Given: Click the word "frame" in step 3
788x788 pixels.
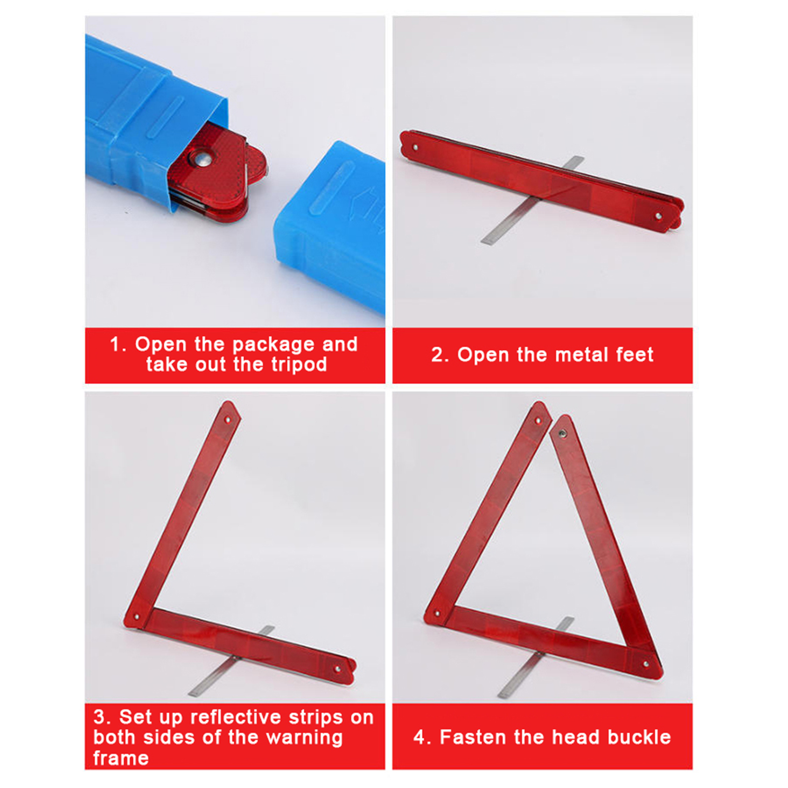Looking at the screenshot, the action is click(x=121, y=758).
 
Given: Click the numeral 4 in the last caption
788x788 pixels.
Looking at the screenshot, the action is click(x=419, y=737).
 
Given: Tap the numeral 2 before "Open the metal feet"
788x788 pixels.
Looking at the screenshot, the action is click(x=437, y=355).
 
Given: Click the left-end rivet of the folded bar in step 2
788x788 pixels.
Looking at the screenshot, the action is click(x=415, y=147).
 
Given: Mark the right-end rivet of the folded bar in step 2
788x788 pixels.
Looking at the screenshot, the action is click(x=658, y=216).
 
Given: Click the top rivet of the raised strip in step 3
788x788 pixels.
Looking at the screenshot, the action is click(x=228, y=420).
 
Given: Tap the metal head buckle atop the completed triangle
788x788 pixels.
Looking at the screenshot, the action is click(x=562, y=434).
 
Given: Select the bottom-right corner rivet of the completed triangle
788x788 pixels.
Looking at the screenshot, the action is click(x=646, y=664).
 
